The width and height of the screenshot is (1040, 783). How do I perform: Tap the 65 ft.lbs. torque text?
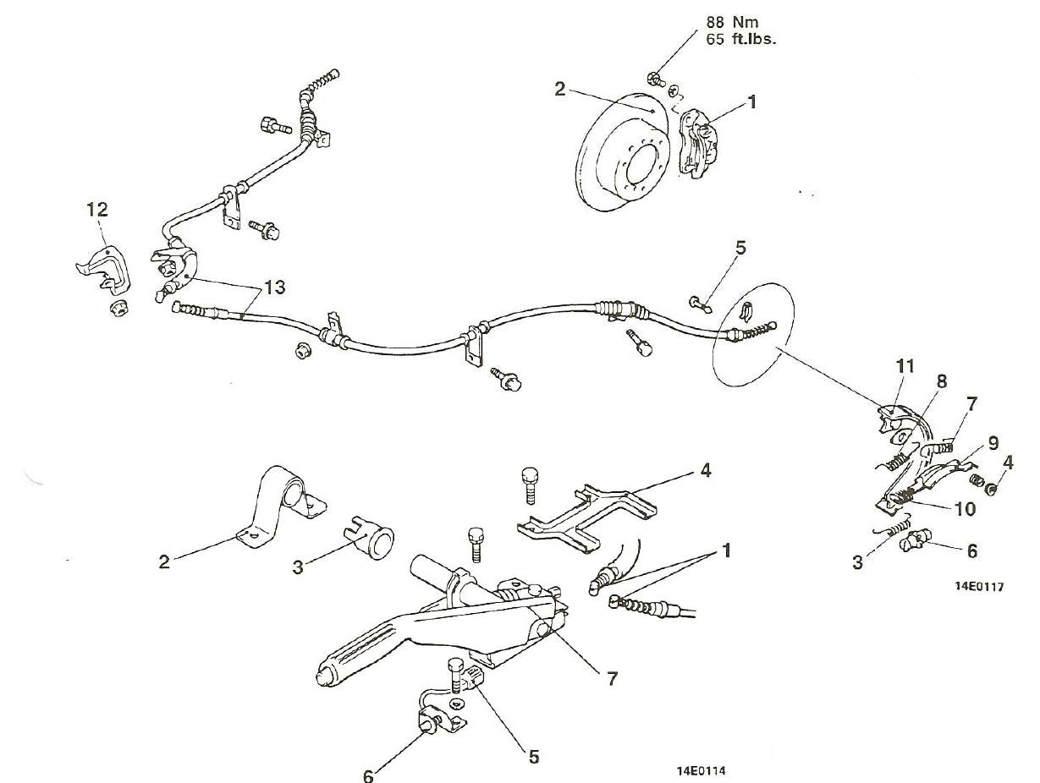coord(740,39)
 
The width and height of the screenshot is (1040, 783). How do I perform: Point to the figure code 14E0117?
coord(979,587)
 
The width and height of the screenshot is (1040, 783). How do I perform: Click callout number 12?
coord(98,210)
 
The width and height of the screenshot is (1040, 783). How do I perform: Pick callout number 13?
coord(273,287)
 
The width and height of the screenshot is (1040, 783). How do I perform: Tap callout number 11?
coord(906,366)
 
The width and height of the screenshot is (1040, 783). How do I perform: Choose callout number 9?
coord(993,442)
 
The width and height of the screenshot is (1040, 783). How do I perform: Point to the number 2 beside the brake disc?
coord(560,89)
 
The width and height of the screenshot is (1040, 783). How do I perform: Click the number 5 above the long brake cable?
coord(740,249)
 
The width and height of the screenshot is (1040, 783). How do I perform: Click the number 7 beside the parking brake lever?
coord(612,677)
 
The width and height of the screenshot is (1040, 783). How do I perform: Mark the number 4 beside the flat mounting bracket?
coord(705,471)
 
